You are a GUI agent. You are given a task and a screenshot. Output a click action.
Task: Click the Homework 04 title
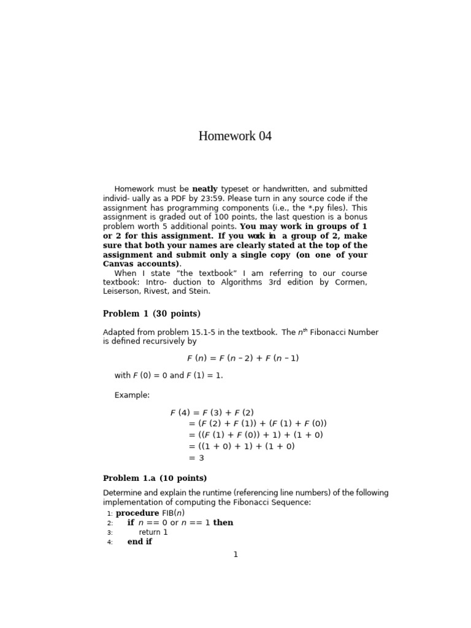click(x=235, y=136)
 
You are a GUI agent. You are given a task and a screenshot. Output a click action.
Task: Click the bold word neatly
click(x=205, y=189)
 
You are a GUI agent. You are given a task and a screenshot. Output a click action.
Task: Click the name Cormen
click(x=351, y=282)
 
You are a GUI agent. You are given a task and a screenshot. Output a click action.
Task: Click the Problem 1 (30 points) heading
click(x=151, y=314)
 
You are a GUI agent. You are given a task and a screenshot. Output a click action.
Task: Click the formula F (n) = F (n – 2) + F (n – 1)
click(x=243, y=358)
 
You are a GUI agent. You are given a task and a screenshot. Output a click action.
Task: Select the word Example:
click(x=132, y=395)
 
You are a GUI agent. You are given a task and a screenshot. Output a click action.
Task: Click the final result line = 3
click(x=197, y=458)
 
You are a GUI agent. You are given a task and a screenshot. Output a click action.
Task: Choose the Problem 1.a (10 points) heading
click(x=155, y=478)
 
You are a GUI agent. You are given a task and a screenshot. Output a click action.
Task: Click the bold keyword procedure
click(x=137, y=513)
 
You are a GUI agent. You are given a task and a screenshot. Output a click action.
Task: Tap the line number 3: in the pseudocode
click(x=110, y=532)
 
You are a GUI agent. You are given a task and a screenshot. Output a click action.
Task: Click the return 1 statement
click(x=153, y=532)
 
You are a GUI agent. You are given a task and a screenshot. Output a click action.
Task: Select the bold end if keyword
click(x=140, y=542)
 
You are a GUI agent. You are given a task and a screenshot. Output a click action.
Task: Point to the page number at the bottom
click(x=235, y=555)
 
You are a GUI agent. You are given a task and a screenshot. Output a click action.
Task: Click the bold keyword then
click(x=223, y=523)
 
